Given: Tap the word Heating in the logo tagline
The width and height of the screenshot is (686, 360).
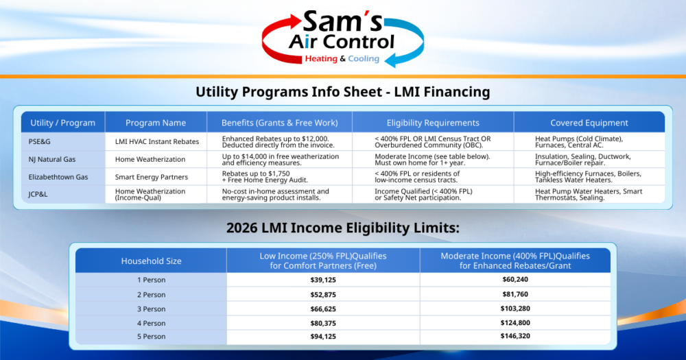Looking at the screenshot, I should point(320,59).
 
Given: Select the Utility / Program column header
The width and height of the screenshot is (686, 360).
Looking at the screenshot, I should point(62,123).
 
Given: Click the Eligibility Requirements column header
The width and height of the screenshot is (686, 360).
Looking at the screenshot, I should point(433,123).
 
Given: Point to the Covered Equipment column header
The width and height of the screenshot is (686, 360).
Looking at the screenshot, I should point(589,123).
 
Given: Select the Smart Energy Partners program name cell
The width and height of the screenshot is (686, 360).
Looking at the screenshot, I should point(152,177).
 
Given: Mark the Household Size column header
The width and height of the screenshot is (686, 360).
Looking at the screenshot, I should point(151,261).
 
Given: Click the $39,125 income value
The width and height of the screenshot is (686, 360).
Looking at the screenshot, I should point(323,280).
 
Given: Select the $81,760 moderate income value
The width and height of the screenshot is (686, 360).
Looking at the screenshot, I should point(515,294).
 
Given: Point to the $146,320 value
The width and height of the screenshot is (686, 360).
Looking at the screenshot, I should point(515,337).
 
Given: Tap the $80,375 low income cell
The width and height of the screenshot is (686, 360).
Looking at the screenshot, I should point(323,323).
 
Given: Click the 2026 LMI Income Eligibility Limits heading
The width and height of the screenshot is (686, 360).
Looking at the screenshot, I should point(342,228).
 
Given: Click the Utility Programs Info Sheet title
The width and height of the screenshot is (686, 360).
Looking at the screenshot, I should point(342,92).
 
